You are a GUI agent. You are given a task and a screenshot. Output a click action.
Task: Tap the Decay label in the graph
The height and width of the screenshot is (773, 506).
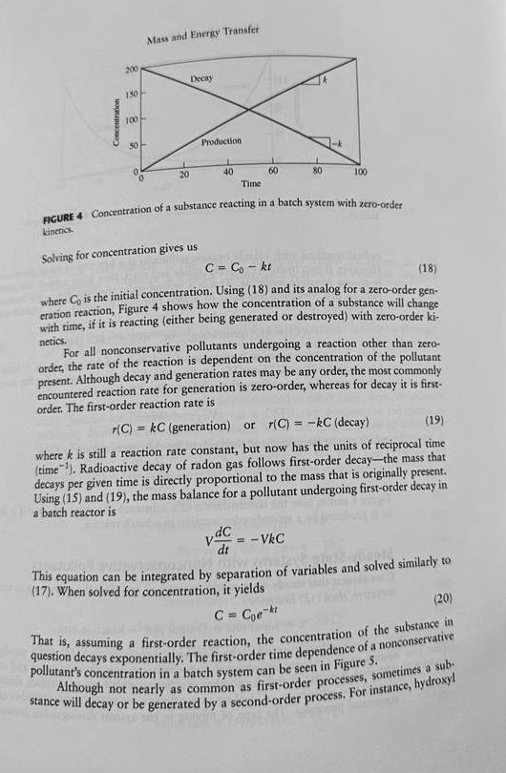tap(201, 77)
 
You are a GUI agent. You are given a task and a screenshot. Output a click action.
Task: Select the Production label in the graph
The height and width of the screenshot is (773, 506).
tap(221, 141)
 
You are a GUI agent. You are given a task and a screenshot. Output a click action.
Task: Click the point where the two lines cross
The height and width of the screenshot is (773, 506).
tap(249, 111)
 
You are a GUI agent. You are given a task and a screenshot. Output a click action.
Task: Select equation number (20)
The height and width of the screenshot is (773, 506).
tap(441, 599)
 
